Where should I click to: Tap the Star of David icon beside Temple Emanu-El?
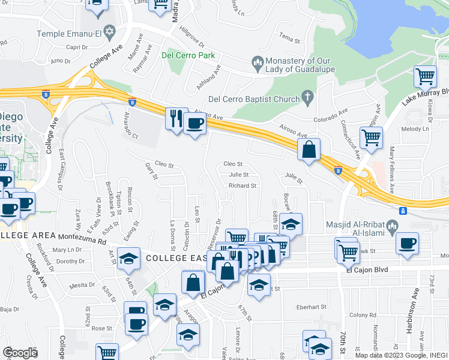point(109,31)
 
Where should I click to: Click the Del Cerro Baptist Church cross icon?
point(307,97)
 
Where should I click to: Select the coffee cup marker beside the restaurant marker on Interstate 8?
point(195,124)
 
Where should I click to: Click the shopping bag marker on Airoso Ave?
point(309,150)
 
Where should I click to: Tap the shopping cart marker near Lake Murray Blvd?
point(425,77)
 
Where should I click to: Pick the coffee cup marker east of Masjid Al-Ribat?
point(408,243)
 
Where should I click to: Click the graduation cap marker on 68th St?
point(291,225)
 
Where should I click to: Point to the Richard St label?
point(243,186)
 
